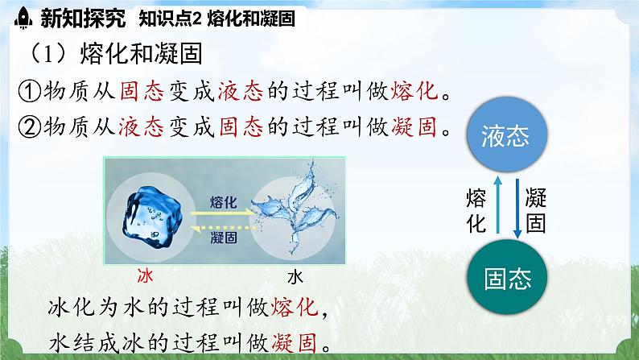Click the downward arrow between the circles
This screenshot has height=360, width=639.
517,207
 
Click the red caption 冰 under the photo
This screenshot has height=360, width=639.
146,276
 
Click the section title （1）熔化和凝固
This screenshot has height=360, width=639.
113,55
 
